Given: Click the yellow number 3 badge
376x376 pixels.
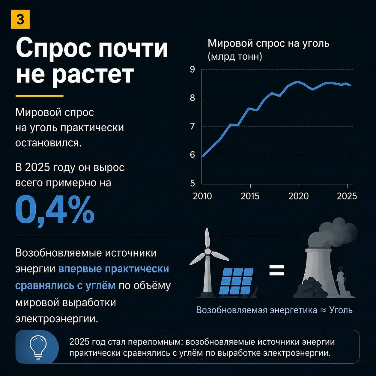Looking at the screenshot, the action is pos(20,19).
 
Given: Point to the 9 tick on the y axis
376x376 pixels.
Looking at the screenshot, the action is pos(192,70).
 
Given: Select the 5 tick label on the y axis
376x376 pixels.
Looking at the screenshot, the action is pos(192,184).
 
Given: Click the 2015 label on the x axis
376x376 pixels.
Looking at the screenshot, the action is pos(250,196).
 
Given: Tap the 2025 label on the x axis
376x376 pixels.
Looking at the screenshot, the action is pos(347,196).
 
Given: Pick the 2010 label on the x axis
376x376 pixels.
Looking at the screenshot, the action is pos(202,196).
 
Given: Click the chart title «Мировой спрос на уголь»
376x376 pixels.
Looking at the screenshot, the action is pos(268,43).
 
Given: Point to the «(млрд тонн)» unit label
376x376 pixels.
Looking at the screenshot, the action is pos(235,57).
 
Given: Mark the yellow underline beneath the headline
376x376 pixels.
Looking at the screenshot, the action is pos(39,96).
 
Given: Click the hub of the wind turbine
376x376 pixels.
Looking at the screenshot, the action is pos(207,250).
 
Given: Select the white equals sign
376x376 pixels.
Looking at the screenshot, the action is pos(277,270).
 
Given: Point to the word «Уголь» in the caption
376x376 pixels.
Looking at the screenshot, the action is pos(341,310).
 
